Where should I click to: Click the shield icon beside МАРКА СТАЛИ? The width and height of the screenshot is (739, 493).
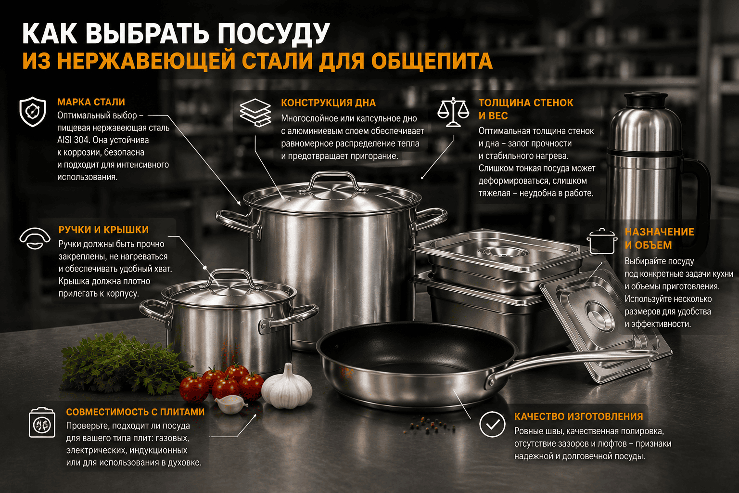point(32,112)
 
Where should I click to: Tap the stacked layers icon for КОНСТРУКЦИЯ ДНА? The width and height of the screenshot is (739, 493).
point(255,112)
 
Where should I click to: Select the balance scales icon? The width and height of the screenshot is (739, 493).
point(453,112)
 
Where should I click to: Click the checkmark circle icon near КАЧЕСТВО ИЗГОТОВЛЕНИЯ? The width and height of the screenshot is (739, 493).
point(492,424)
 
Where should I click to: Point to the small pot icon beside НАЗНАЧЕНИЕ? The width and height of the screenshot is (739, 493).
point(602,241)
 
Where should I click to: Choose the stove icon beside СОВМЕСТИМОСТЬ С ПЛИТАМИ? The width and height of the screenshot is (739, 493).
point(42,423)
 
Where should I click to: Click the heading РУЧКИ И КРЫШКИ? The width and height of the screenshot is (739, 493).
point(103,230)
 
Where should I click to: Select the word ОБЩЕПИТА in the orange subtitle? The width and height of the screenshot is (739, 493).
point(432,61)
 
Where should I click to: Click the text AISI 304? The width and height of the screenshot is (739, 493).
point(73,140)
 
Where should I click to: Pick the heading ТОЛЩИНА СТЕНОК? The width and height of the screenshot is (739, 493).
point(526,103)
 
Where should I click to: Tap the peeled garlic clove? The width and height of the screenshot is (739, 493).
point(230,404)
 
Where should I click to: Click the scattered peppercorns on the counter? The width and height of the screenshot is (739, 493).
point(432,426)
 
